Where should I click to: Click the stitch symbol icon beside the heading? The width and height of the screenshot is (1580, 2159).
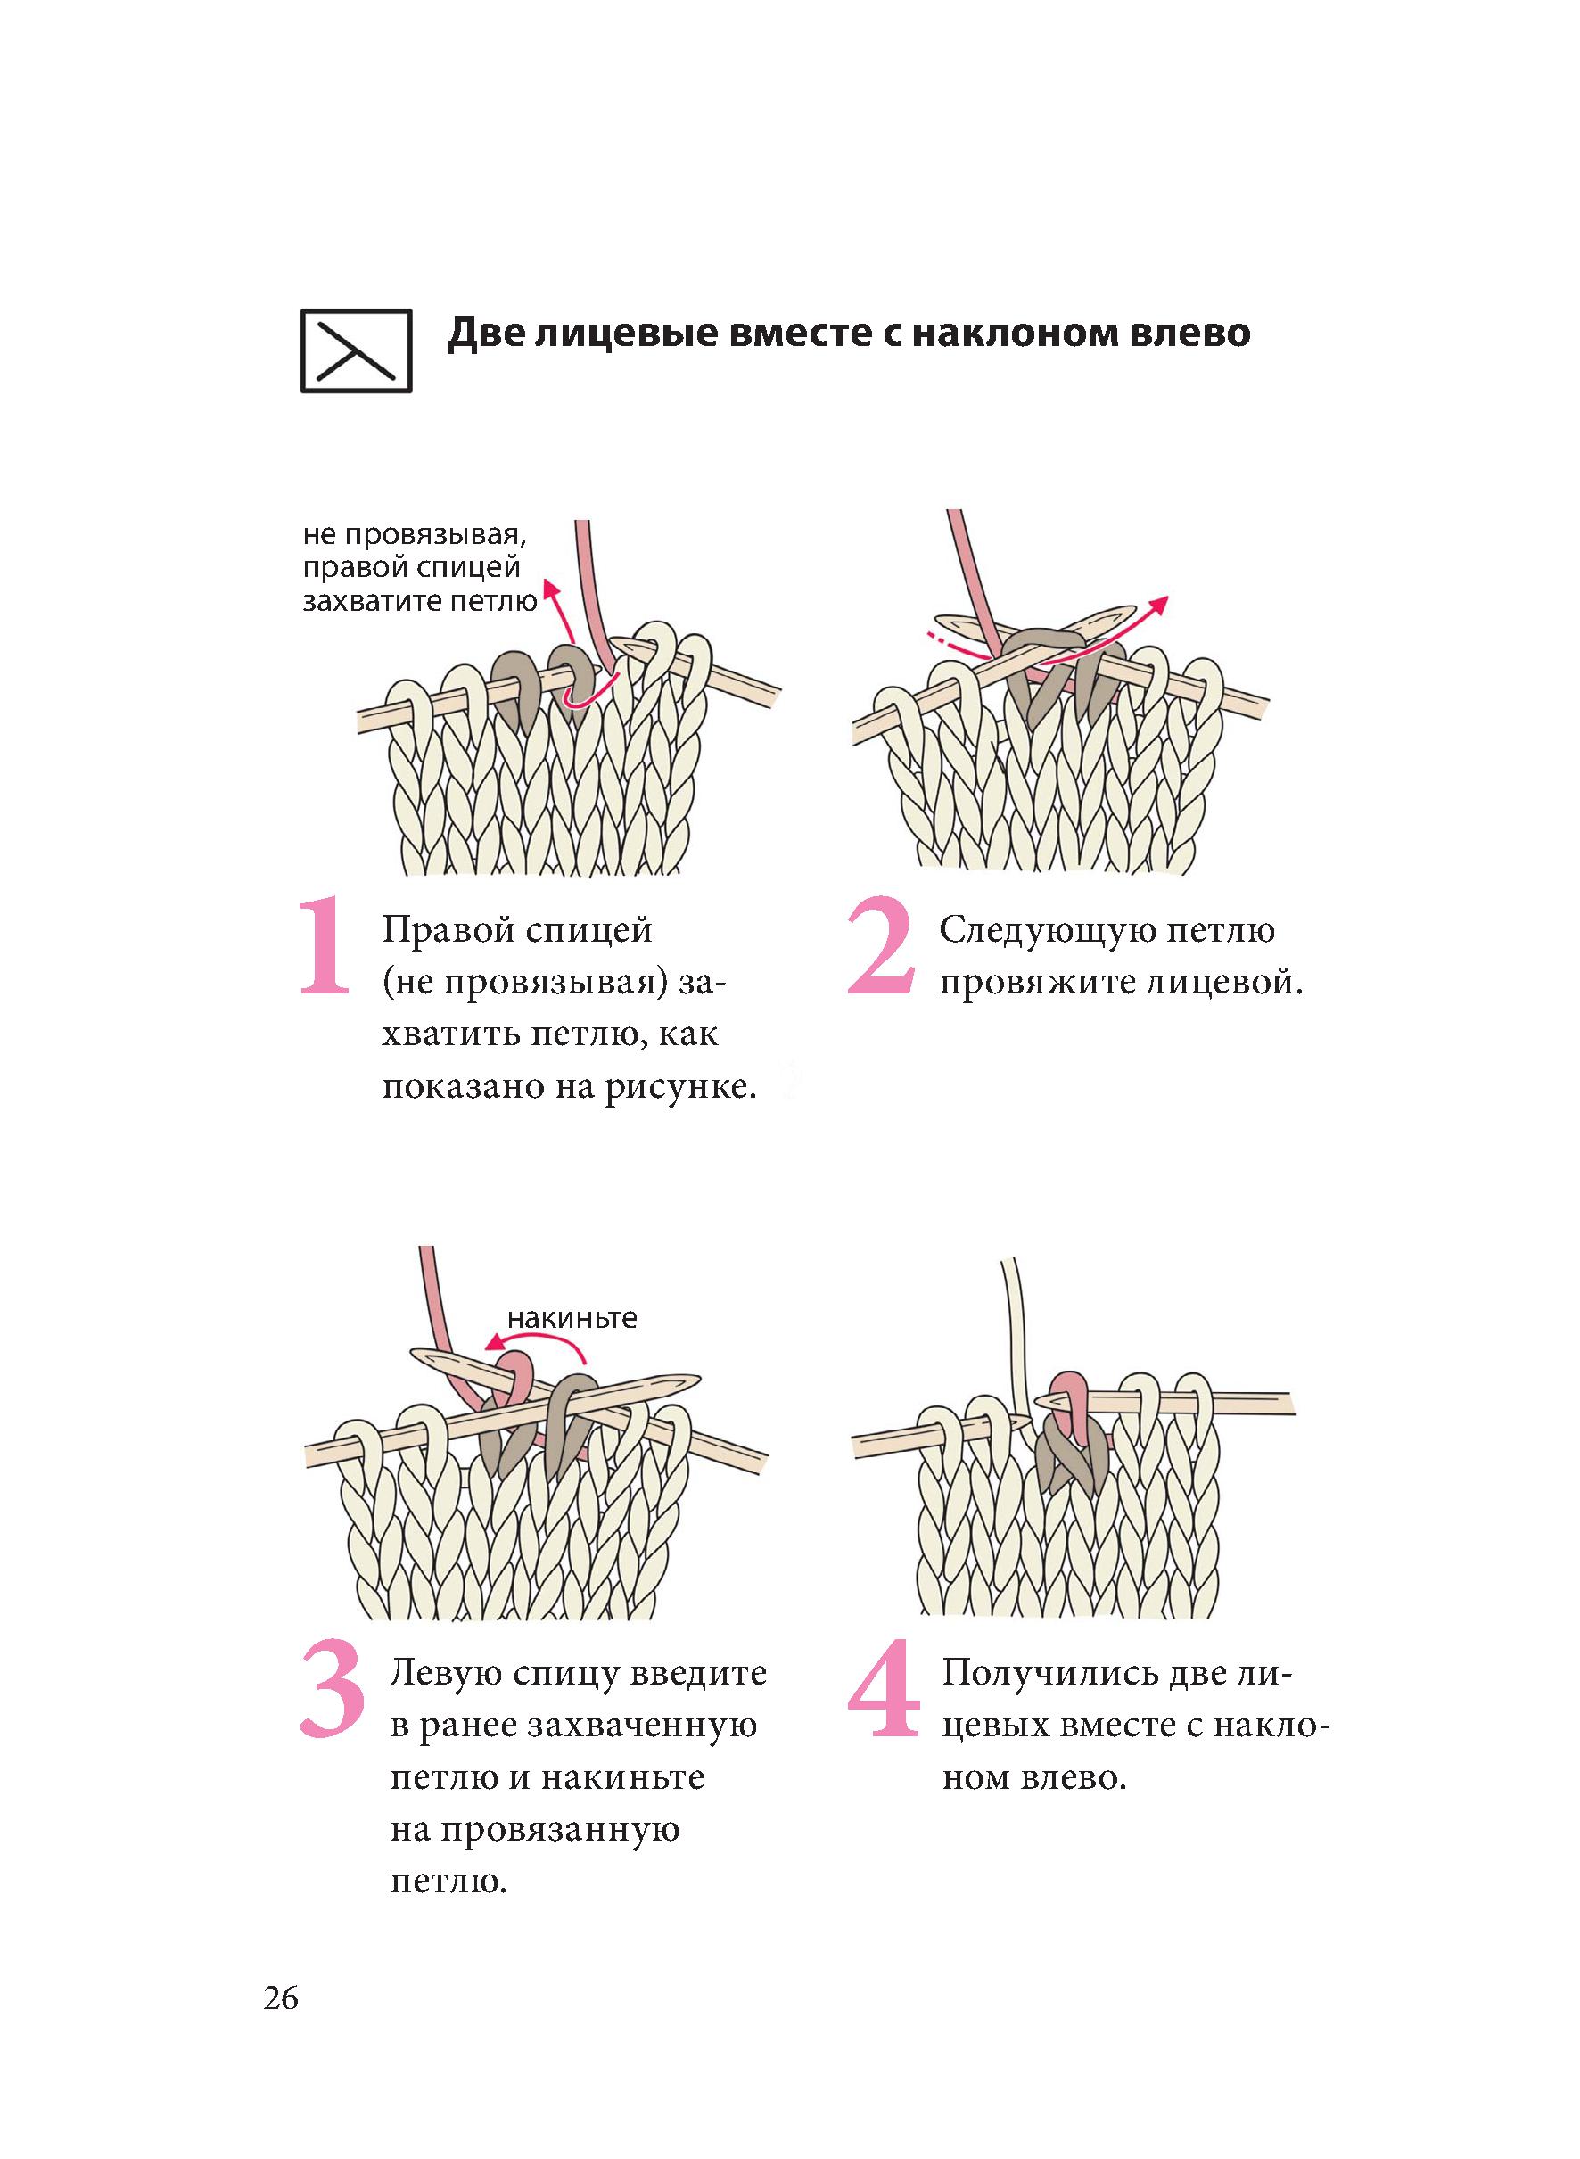coord(356,351)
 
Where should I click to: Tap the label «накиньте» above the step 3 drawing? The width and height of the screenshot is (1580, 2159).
coord(572,1319)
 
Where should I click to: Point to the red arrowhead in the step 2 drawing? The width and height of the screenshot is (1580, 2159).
coord(1158,604)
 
